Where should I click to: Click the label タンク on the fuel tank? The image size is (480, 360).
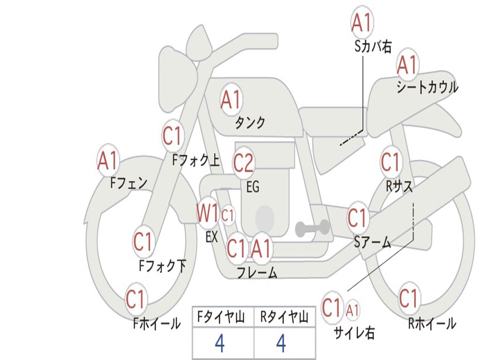[250, 123]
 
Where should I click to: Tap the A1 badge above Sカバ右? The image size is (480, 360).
[362, 22]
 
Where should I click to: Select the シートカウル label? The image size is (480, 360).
[427, 88]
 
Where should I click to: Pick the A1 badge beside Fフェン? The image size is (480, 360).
[108, 161]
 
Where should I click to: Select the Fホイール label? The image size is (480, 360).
[157, 323]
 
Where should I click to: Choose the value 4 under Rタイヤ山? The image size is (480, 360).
[281, 344]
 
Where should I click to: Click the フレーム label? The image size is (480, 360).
[257, 273]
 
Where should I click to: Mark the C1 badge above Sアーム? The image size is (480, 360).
[358, 218]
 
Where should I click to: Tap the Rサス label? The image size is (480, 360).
[399, 186]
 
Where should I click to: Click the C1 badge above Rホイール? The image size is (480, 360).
[409, 298]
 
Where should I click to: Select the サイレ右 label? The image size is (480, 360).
[354, 332]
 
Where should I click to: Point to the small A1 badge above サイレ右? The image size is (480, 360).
[353, 310]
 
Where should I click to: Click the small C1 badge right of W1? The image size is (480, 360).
[228, 216]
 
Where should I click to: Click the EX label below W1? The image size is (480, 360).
[211, 237]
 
